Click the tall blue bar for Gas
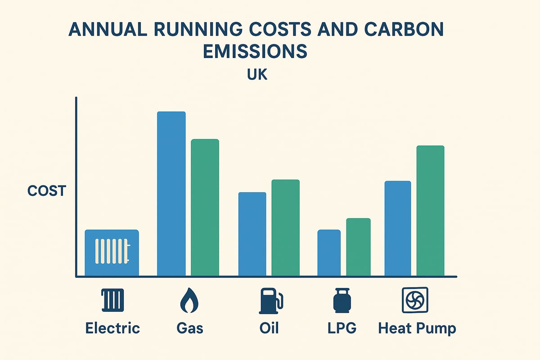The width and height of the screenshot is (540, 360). [x=171, y=193]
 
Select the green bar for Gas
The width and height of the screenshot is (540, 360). [x=205, y=207]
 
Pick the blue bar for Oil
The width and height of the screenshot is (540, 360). [x=252, y=234]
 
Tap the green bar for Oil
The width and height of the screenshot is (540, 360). [x=285, y=228]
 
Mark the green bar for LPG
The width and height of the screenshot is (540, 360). [x=358, y=247]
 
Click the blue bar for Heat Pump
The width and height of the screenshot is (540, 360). [x=398, y=229]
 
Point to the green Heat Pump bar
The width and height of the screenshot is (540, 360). [x=430, y=211]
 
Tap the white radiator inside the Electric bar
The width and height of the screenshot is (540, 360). [x=112, y=251]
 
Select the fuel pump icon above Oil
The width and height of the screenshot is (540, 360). [x=270, y=301]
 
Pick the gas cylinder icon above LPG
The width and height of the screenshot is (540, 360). [x=341, y=301]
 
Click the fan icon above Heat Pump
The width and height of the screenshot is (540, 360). [x=414, y=301]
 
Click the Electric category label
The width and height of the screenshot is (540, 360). [x=112, y=328]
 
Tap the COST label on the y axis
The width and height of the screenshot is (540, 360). [x=46, y=191]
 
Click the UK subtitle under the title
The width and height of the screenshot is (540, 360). [x=257, y=75]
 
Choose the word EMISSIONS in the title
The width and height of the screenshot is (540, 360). [x=255, y=52]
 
